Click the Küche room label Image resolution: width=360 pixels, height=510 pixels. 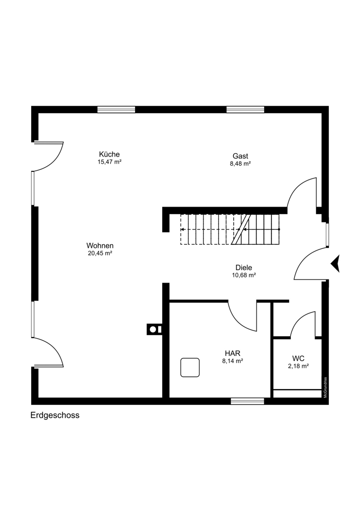[x=109, y=154]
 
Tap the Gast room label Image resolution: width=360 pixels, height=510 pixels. [x=240, y=156]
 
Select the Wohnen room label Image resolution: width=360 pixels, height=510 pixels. [x=100, y=246]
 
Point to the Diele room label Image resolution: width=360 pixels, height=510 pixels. [x=244, y=268]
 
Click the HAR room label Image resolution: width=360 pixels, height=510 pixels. [x=233, y=353]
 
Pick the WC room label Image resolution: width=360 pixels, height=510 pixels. [x=298, y=359]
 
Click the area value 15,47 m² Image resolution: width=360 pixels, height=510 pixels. [x=110, y=162]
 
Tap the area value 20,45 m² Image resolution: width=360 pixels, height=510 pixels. [x=100, y=253]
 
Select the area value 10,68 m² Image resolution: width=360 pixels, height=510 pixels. [x=244, y=275]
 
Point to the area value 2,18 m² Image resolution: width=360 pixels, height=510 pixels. [x=298, y=366]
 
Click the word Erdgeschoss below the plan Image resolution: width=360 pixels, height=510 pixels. [x=55, y=415]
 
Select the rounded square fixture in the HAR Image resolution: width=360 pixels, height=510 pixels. [x=190, y=368]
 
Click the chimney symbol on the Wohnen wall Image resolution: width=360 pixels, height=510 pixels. [x=154, y=329]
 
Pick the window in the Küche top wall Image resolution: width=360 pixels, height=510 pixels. [x=116, y=110]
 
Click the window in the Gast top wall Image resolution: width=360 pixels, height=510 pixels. [x=245, y=110]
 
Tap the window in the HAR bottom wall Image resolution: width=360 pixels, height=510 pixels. [x=247, y=401]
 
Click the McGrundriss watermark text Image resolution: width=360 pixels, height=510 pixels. [x=325, y=387]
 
